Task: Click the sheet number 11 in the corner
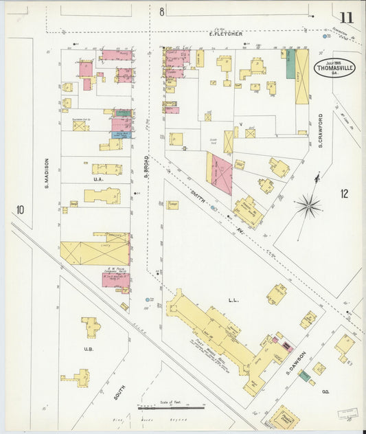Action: pos(345,16)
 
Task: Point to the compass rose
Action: pos(310,205)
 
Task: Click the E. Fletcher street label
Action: pos(226,33)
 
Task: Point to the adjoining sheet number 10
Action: pos(21,209)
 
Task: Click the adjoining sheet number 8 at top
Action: pos(162,12)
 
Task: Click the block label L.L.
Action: pos(232,300)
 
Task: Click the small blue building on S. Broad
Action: pos(122,134)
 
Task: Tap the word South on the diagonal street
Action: pos(118,393)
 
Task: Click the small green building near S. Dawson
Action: pos(303,376)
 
